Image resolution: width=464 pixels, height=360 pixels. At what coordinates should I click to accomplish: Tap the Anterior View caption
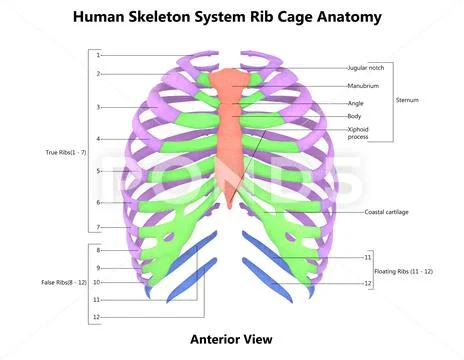click(231, 339)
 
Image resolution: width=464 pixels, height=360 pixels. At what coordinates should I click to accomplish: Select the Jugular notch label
click(365, 68)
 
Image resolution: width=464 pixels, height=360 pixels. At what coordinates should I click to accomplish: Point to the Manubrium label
click(364, 86)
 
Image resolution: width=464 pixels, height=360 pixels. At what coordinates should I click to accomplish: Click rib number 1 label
click(98, 55)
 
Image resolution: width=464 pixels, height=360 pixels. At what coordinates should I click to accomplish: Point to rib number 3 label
click(98, 106)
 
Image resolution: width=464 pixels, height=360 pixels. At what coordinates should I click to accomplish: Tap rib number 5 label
click(98, 171)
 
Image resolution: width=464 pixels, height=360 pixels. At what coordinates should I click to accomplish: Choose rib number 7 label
click(98, 227)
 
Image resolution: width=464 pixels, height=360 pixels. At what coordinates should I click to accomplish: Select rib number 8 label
click(98, 249)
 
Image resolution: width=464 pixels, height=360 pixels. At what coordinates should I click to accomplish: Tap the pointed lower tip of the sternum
click(232, 206)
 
